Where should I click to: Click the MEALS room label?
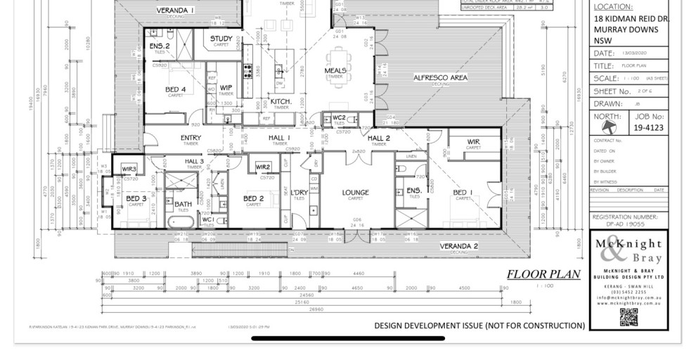[335, 71]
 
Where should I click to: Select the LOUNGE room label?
[355, 193]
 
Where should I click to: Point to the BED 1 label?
[463, 193]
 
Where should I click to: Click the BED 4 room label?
[175, 89]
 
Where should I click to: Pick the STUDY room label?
[221, 39]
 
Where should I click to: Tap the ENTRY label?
[191, 138]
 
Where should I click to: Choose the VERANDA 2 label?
[458, 246]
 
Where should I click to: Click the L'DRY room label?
[299, 193]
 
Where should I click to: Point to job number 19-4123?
[647, 129]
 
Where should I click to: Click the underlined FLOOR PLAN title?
[543, 274]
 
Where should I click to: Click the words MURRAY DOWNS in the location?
[626, 30]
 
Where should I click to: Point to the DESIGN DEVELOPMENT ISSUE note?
[479, 326]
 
